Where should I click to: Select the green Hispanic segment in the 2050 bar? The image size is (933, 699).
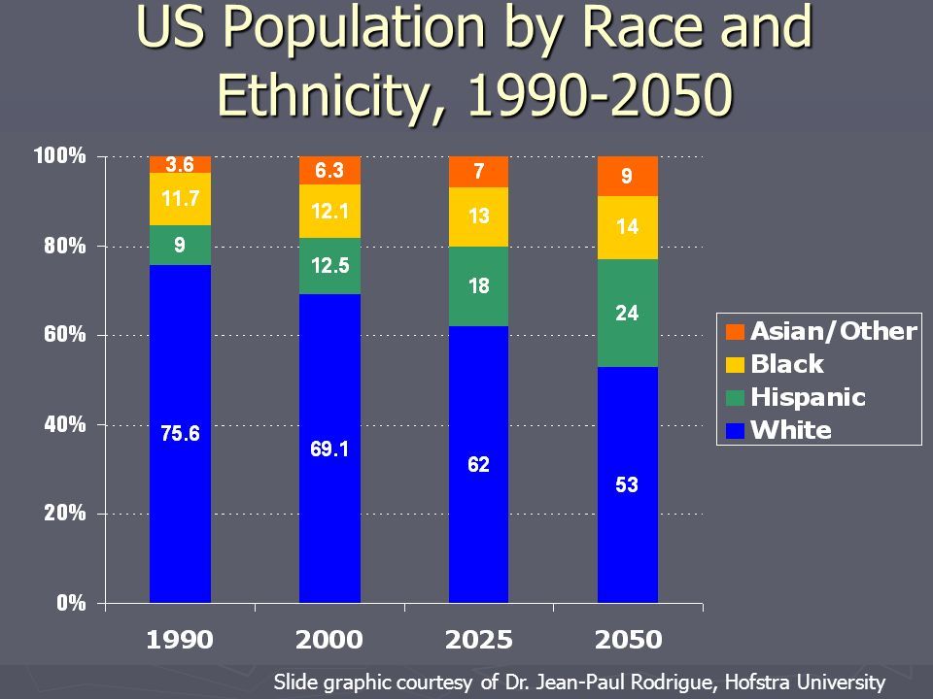[x=627, y=313]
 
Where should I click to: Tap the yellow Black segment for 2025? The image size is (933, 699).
[x=478, y=216]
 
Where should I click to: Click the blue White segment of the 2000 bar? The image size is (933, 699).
[x=329, y=447]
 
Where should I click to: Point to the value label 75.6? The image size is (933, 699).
[x=180, y=434]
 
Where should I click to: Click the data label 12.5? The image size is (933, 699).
[x=329, y=265]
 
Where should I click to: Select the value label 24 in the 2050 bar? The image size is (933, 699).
[x=627, y=313]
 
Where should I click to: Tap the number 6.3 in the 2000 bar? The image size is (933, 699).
[x=329, y=171]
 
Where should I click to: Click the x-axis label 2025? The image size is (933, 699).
[x=478, y=640]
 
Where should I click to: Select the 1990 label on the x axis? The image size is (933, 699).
[x=180, y=640]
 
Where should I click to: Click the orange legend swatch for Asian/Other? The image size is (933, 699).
[x=735, y=332]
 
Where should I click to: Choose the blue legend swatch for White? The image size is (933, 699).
[x=735, y=430]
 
